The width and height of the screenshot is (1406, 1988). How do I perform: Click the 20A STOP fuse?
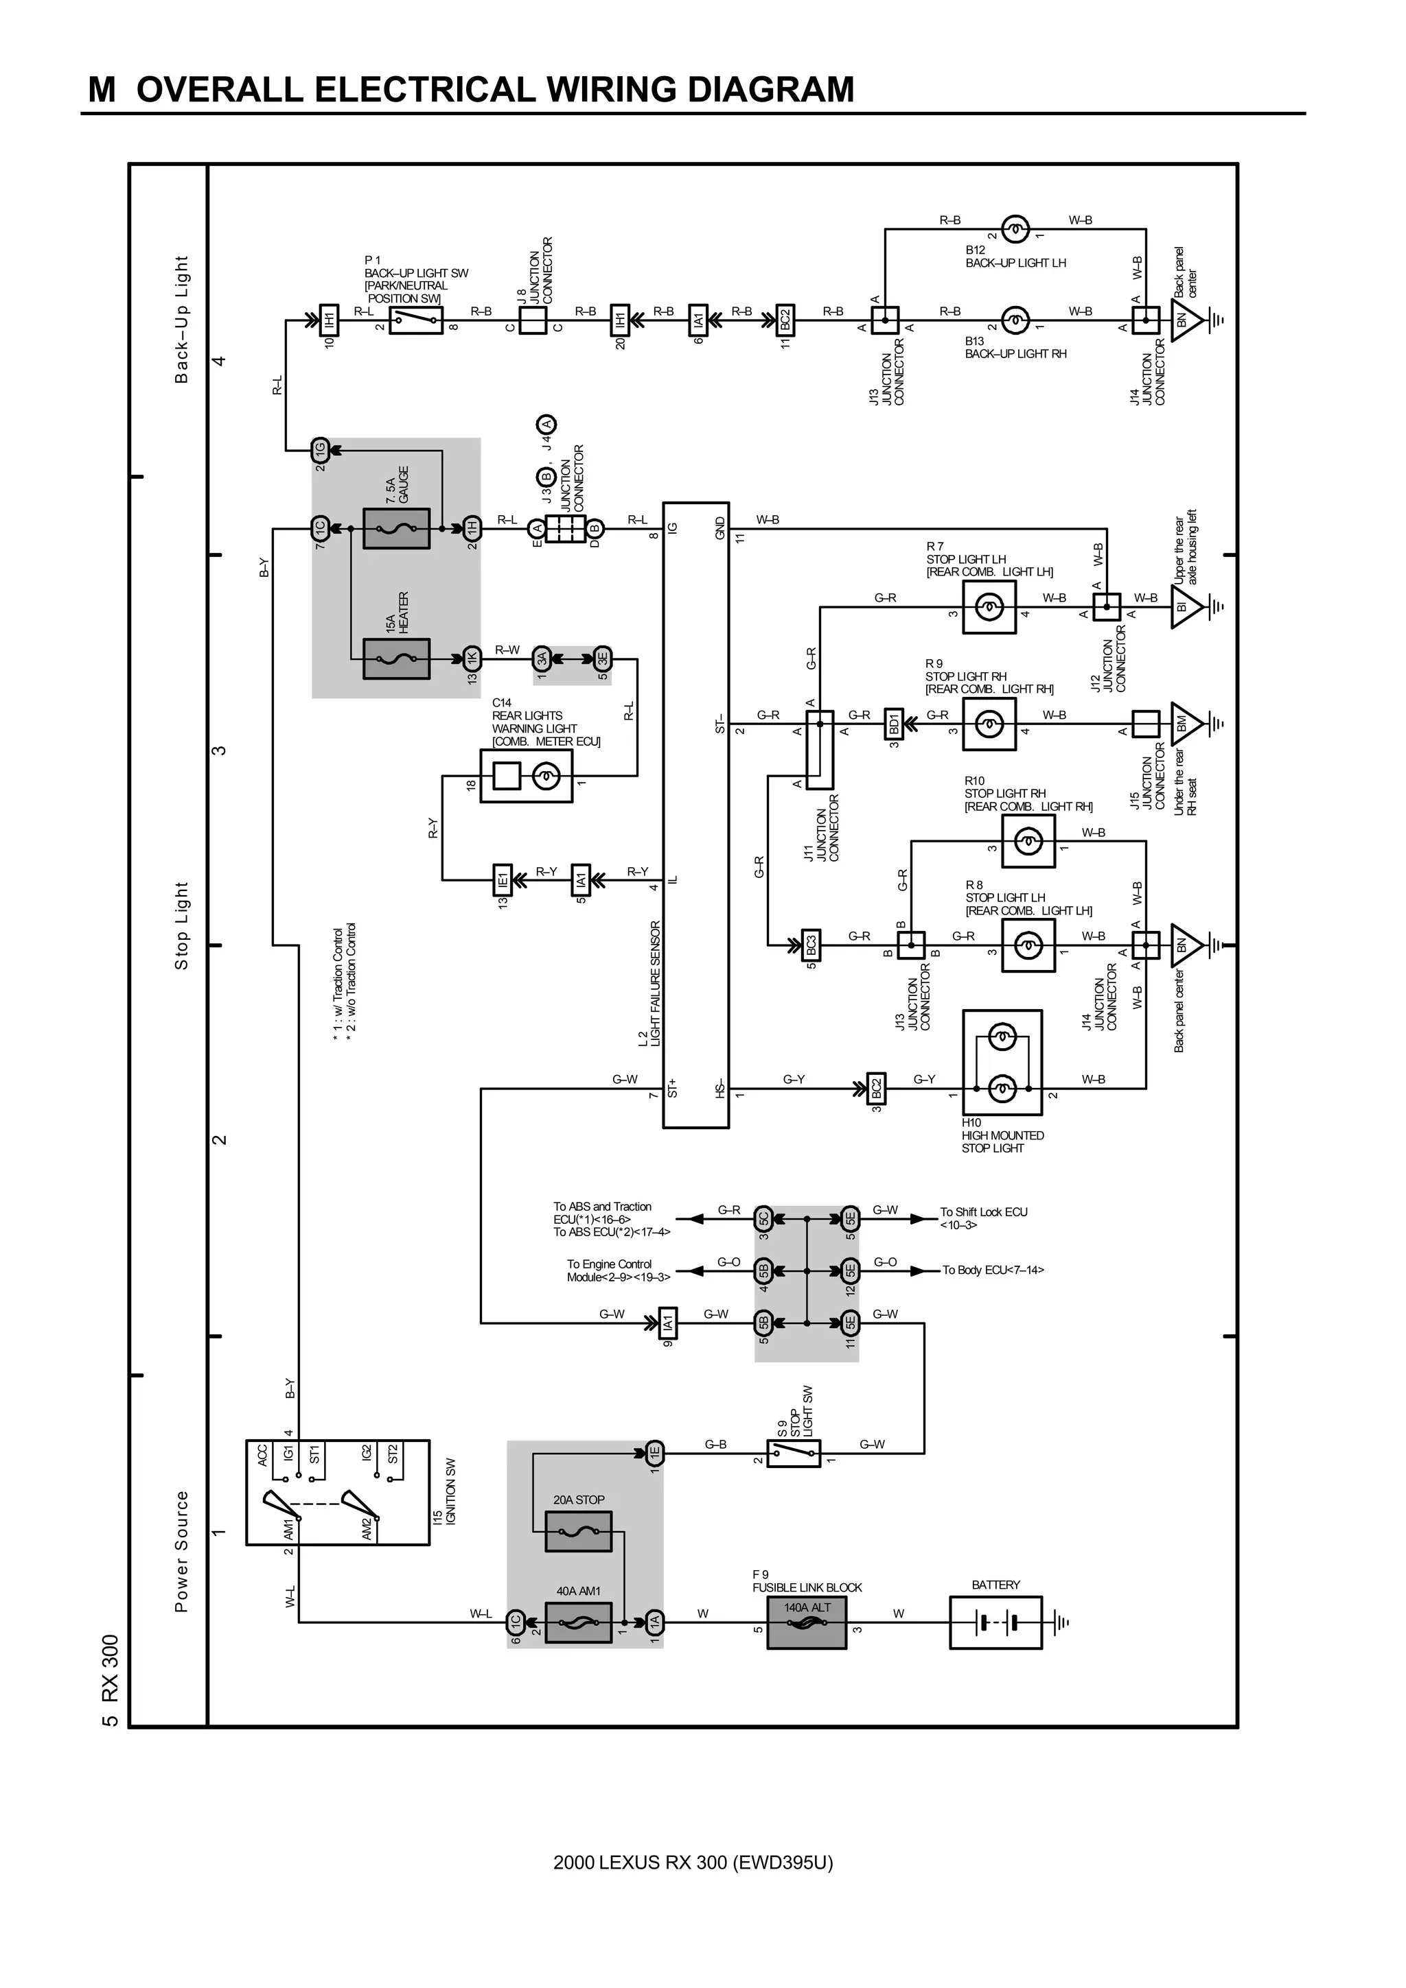click(578, 1532)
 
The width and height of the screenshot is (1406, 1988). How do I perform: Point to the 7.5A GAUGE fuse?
click(396, 528)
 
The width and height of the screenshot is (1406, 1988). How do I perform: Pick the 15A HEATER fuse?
click(396, 659)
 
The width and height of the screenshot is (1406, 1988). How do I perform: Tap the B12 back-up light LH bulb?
click(1015, 229)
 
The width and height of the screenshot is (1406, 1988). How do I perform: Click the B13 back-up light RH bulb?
click(1015, 320)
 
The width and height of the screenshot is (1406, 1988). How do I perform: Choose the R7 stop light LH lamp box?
click(989, 608)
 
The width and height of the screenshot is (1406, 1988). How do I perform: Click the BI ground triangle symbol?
click(1185, 608)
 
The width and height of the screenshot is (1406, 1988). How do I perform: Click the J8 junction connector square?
click(533, 320)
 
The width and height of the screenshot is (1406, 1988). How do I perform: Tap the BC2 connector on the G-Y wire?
click(876, 1089)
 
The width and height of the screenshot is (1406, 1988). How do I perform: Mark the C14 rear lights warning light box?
click(526, 776)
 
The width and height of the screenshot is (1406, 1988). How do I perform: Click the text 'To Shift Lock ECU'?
click(983, 1211)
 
